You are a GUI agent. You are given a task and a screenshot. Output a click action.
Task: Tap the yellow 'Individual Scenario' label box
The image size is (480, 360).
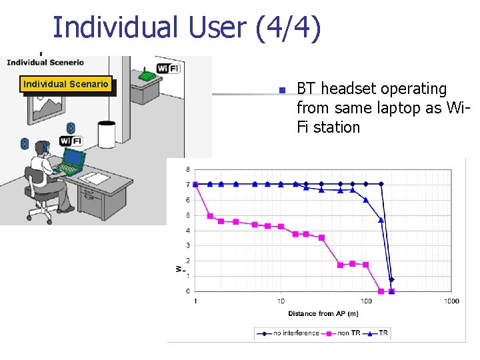(65, 84)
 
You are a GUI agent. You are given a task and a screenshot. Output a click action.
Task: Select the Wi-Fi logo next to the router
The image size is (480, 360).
(168, 68)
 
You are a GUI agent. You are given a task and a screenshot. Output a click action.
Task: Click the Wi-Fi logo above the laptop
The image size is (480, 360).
(71, 141)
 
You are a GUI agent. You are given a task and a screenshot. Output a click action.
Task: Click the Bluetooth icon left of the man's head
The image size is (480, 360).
(25, 143)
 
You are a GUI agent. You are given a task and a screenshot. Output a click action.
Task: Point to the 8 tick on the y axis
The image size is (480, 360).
(187, 169)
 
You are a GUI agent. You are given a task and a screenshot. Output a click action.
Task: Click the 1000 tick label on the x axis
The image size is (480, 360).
(451, 301)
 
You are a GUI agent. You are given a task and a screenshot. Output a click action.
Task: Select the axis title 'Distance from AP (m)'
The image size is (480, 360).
(323, 313)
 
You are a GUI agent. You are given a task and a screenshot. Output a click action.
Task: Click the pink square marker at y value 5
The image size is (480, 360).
(210, 216)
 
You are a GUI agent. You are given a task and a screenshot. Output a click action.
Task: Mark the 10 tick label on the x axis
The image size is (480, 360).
(281, 301)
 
